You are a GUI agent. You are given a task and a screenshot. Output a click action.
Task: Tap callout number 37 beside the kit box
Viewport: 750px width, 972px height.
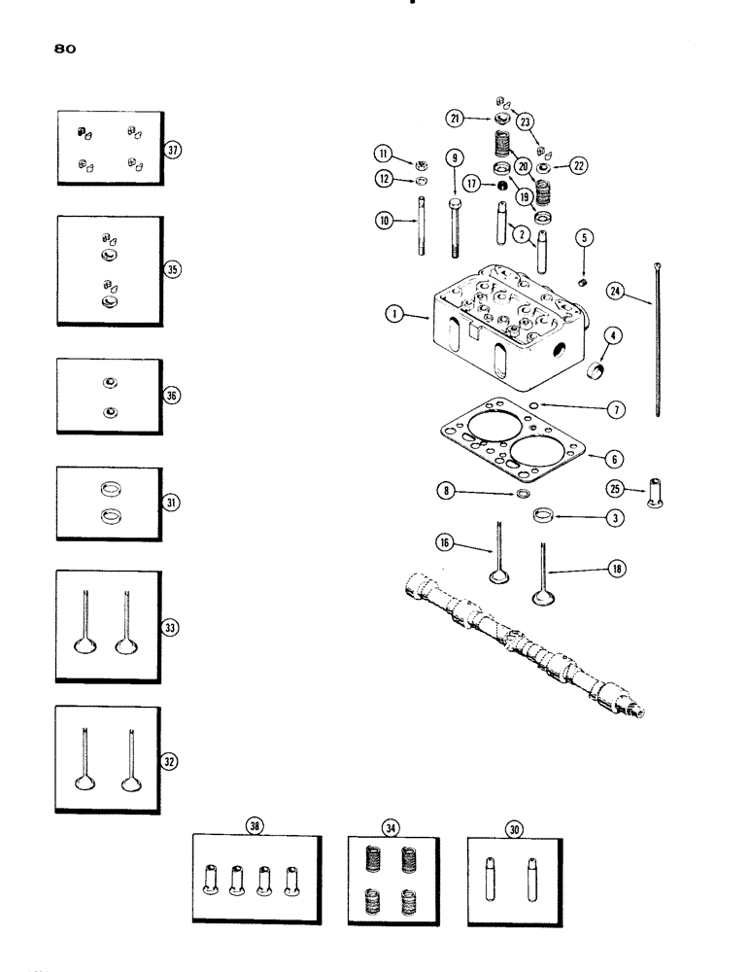coord(172,150)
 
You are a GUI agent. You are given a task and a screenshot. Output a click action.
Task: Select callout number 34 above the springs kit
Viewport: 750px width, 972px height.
coord(391,826)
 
